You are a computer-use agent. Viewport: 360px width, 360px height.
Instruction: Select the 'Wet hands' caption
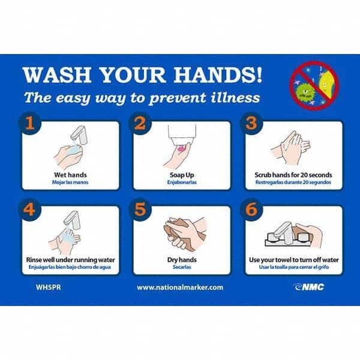66,175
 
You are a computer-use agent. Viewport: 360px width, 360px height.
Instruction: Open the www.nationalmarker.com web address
180,287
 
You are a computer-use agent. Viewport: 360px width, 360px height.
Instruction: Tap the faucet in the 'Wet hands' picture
78,136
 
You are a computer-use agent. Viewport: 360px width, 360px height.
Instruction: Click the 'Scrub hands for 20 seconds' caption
293,175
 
